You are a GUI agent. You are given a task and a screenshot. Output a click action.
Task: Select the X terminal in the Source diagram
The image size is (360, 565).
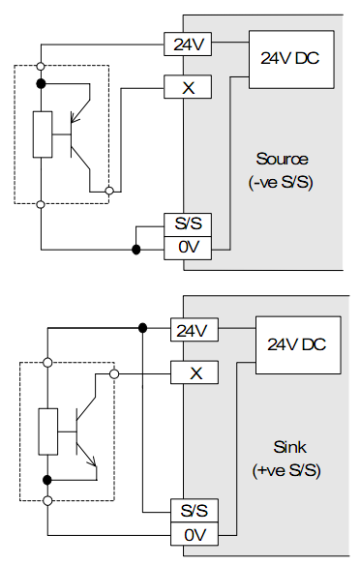[188, 87]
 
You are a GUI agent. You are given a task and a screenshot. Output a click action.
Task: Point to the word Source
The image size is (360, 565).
[282, 158]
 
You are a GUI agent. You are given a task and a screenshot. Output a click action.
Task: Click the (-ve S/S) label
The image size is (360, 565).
[282, 180]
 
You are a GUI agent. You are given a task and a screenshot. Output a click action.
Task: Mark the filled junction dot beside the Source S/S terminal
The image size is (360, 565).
[136, 251]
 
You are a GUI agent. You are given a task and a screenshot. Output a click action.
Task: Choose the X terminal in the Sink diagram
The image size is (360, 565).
[193, 372]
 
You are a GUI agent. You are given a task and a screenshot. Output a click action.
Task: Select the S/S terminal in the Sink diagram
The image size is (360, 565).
[193, 510]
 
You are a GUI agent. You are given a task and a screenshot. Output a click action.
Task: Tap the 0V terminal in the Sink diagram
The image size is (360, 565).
[193, 534]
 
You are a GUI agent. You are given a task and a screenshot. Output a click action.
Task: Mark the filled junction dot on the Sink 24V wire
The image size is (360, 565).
[143, 329]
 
